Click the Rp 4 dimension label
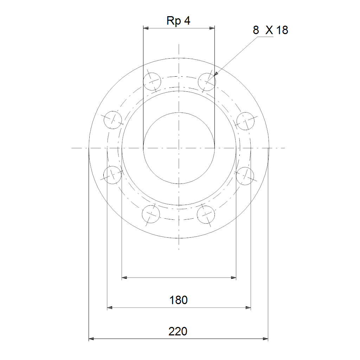click(x=178, y=21)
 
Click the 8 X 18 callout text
click(x=270, y=30)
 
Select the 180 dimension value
click(x=178, y=300)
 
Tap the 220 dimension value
click(x=178, y=331)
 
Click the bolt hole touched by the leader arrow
click(x=207, y=82)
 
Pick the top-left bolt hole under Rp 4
click(x=152, y=82)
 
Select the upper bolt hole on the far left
click(x=113, y=120)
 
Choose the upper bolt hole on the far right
click(x=245, y=121)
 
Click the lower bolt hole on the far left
click(x=112, y=175)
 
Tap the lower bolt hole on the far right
click(x=245, y=176)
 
